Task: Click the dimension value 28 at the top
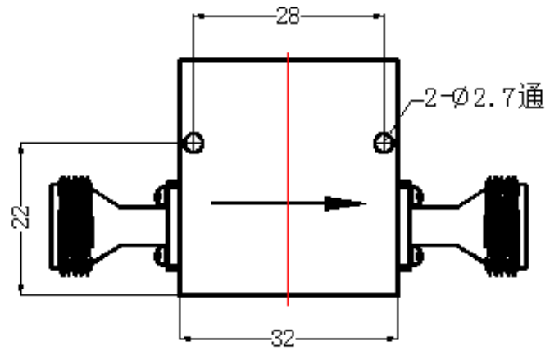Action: (288, 16)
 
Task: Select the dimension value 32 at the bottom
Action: (284, 338)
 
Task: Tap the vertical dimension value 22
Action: (20, 216)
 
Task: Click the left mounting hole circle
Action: (193, 143)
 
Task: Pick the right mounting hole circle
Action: (384, 143)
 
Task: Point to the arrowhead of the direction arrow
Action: (345, 203)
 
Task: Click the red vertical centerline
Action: (288, 179)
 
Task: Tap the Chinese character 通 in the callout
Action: (531, 96)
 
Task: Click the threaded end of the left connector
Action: (74, 226)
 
